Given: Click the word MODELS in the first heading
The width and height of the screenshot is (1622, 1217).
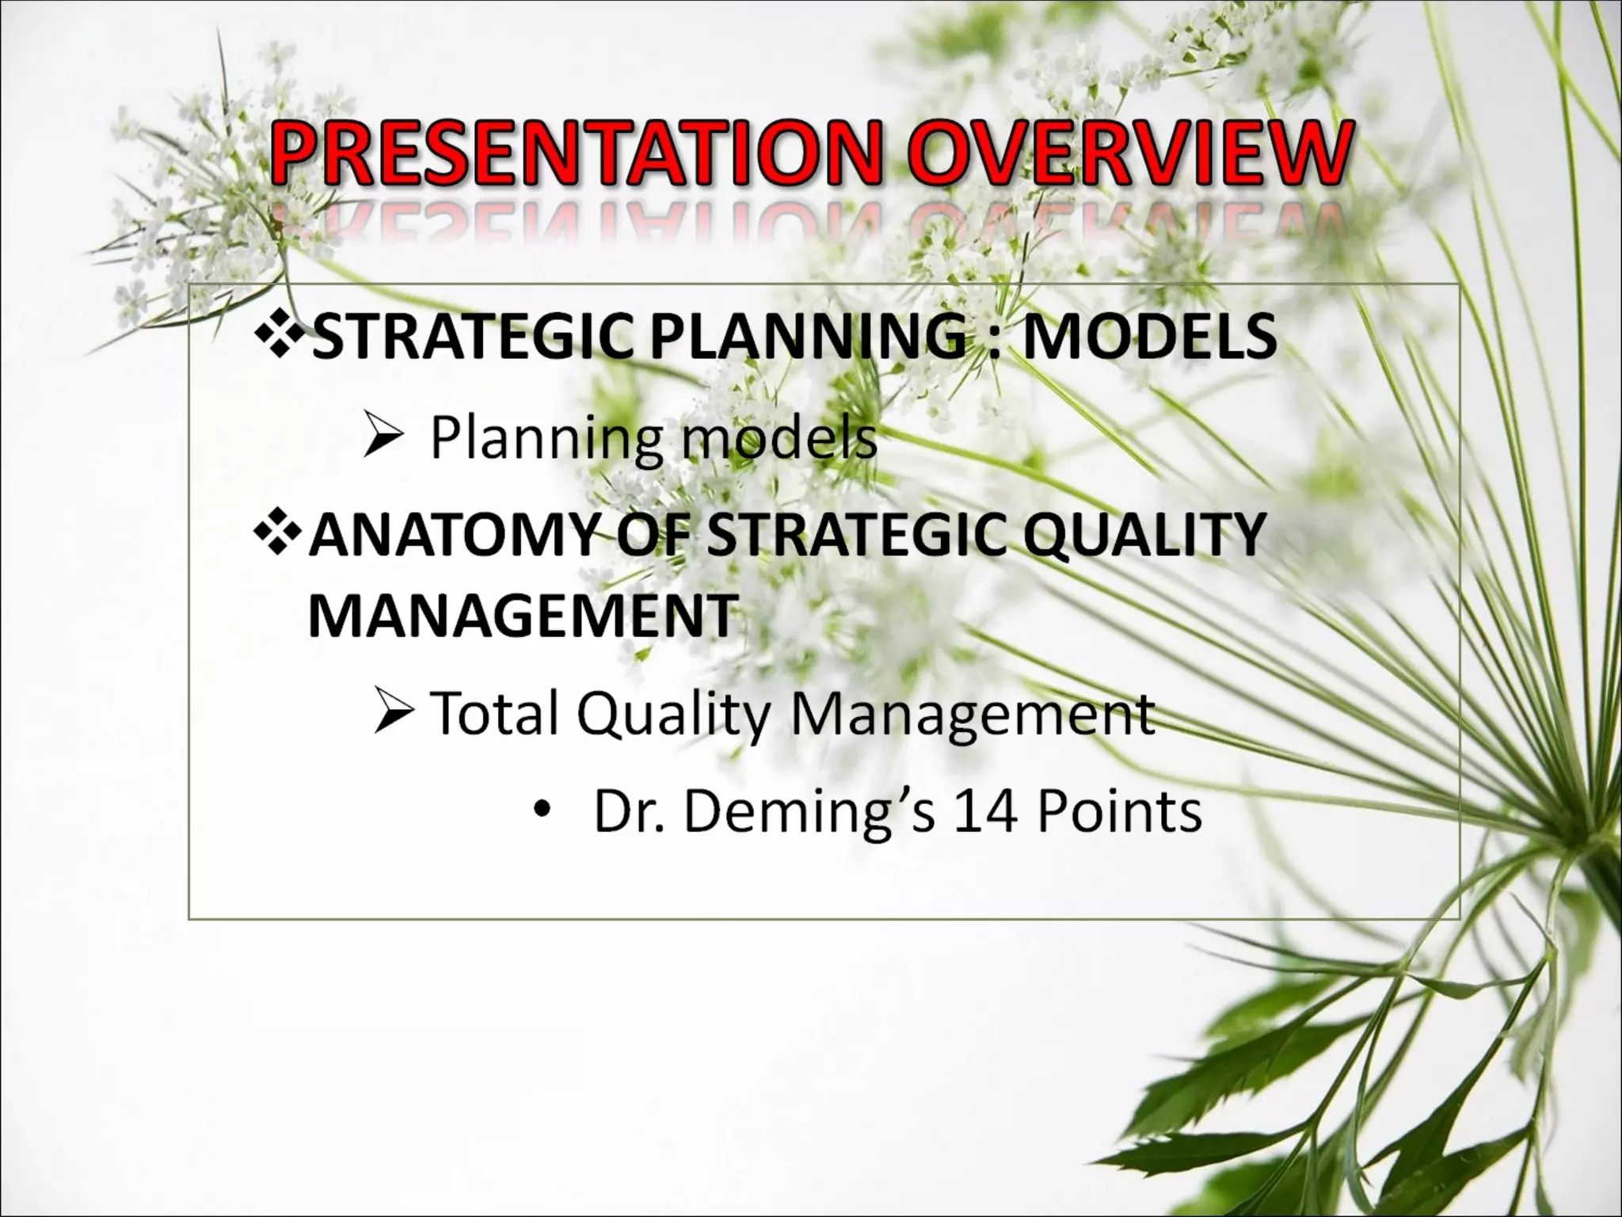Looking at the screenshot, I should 1149,337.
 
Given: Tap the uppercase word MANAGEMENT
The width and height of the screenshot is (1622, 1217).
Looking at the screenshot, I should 523,616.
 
